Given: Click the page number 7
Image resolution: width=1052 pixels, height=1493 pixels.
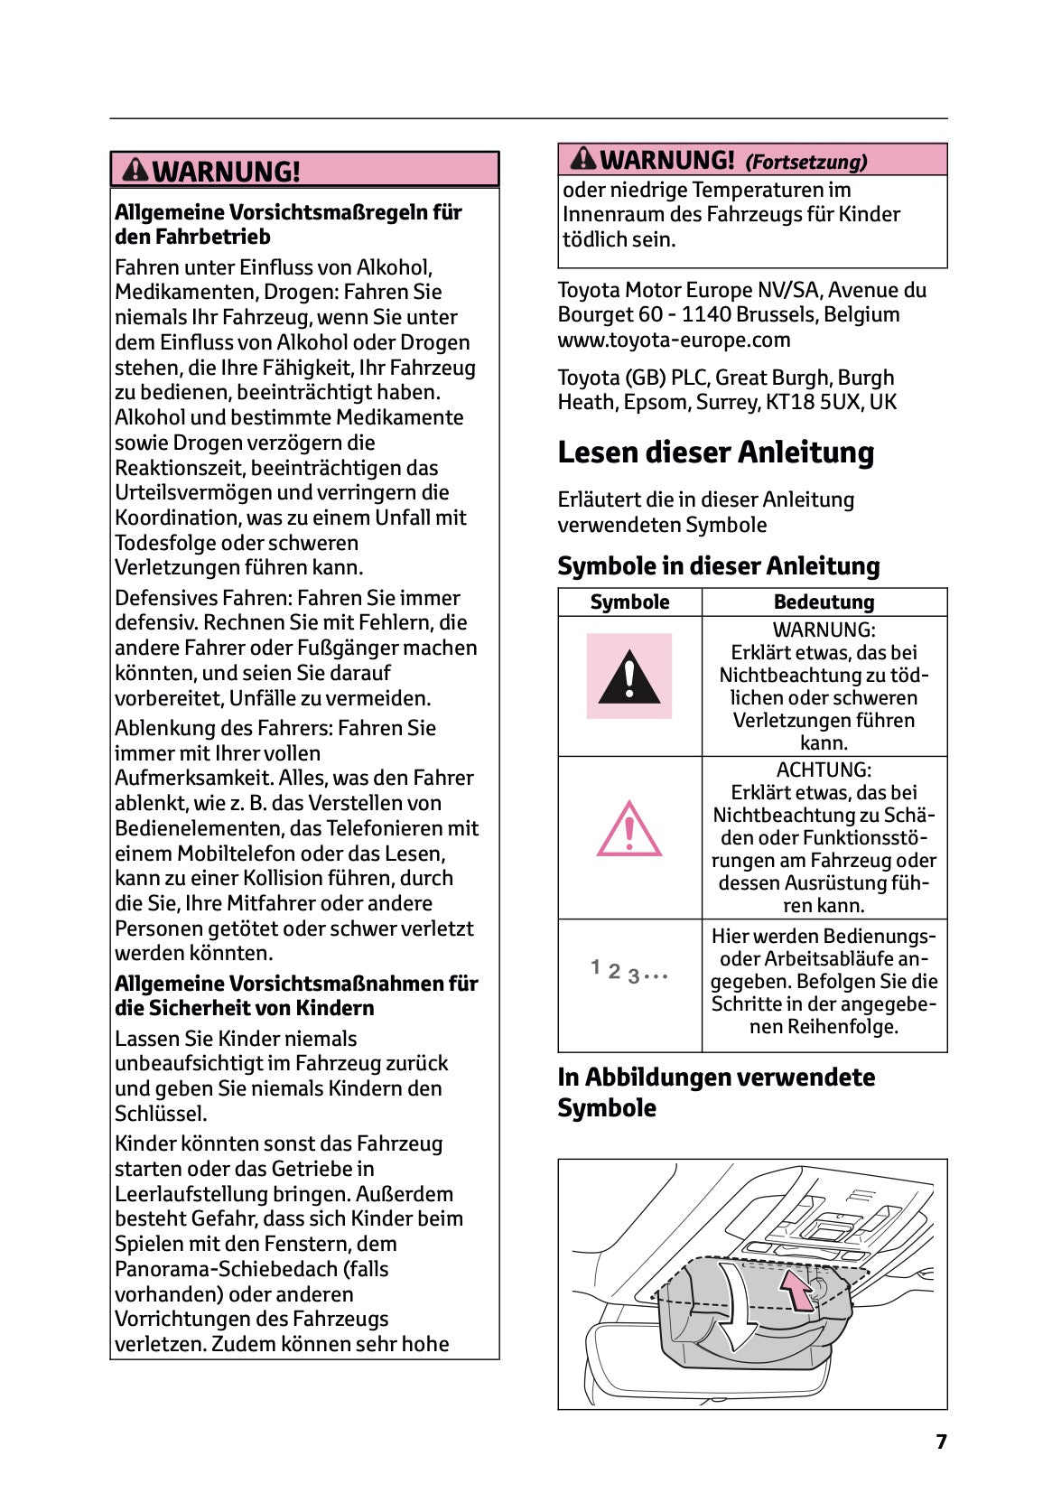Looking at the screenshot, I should click(941, 1442).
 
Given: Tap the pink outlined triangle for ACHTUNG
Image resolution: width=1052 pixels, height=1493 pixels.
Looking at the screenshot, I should click(629, 829).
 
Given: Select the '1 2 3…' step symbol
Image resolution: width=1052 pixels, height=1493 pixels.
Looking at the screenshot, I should click(629, 972).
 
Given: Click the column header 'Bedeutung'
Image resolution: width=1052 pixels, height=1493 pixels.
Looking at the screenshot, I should click(824, 602).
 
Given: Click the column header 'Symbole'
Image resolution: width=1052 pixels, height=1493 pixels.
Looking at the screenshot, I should click(629, 602).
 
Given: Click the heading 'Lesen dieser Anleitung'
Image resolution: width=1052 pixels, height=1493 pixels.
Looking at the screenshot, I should click(715, 453).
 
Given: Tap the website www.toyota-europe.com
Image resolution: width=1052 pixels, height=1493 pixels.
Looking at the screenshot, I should click(674, 340).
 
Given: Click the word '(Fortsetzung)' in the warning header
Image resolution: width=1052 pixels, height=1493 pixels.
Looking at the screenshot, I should click(805, 163).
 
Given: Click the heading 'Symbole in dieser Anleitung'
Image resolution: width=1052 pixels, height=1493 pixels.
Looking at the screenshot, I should click(718, 566).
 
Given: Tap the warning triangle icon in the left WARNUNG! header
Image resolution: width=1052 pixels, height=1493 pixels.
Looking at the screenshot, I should click(135, 169).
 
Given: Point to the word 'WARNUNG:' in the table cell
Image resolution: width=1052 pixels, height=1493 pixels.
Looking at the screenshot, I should click(824, 630).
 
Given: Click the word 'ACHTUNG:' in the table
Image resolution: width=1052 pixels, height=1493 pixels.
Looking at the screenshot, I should click(824, 770).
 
